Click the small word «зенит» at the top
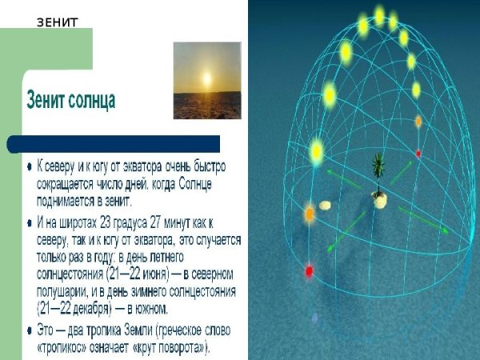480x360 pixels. pos(58,22)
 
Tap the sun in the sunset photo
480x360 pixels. pos(207,80)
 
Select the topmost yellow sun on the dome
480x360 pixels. pos(379,15)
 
